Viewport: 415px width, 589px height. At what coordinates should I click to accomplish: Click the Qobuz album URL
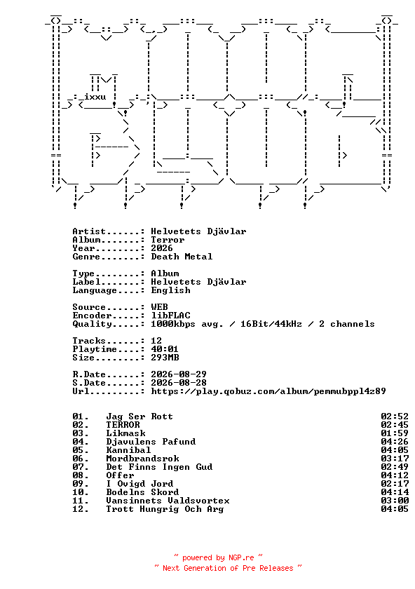(268, 391)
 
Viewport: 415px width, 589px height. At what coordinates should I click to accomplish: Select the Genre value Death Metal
(182, 257)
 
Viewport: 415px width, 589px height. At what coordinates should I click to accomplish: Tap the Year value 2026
(162, 248)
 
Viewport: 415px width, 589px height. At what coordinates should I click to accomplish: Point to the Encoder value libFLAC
(170, 316)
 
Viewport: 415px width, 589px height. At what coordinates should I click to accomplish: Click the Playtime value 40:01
(165, 349)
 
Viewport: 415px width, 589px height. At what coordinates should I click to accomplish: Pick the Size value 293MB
(165, 358)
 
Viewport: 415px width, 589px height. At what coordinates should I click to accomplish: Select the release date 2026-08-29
(179, 374)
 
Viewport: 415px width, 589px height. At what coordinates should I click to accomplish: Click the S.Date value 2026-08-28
(179, 383)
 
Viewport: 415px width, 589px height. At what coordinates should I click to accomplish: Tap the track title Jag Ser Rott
(140, 417)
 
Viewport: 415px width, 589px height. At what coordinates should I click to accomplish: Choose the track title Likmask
(125, 433)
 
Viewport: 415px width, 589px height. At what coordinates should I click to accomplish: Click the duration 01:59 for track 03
(395, 433)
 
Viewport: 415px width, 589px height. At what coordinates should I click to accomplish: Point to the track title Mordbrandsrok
(142, 459)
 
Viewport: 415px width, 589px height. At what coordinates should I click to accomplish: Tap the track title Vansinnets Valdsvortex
(168, 501)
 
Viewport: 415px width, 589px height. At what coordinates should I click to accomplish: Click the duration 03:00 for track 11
(395, 501)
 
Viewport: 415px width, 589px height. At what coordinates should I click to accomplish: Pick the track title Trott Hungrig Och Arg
(165, 509)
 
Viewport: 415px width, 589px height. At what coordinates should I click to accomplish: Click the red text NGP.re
(241, 558)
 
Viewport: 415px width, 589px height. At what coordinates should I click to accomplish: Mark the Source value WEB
(159, 307)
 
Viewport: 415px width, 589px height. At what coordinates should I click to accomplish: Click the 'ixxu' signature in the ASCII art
(95, 97)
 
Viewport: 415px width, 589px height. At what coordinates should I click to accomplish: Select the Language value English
(170, 290)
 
